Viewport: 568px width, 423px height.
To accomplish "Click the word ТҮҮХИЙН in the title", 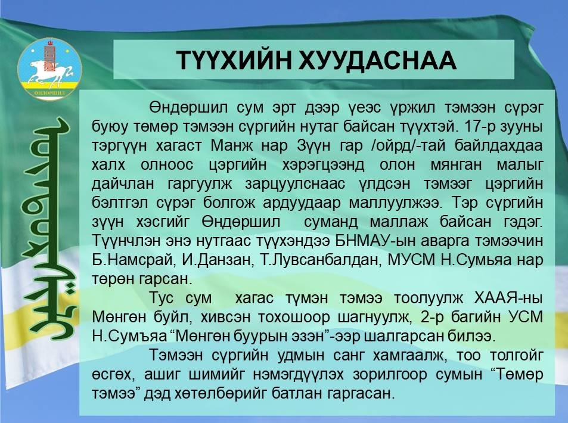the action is pos(234,60).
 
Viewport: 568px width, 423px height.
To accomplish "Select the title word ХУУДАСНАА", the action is pos(377,60).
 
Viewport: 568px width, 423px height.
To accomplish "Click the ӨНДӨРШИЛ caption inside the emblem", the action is pos(49,94).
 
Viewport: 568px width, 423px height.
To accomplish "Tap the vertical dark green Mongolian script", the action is pos(51,229).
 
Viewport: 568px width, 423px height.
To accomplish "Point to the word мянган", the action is pos(456,165).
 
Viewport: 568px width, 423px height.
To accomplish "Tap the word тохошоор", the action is pos(294,318).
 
